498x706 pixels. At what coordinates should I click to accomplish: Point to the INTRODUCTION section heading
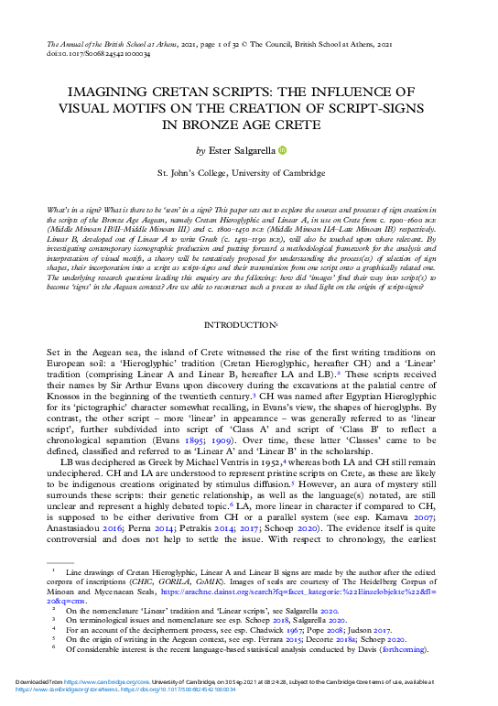(247, 325)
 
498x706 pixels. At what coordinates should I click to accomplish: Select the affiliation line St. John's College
(249, 171)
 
